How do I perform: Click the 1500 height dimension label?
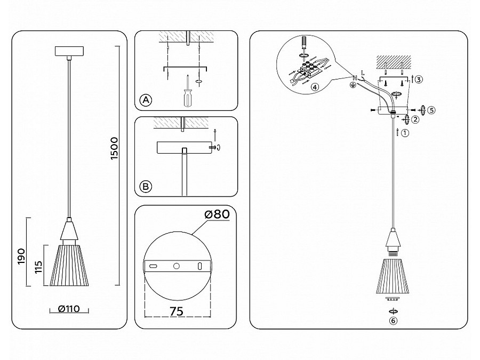point(114,148)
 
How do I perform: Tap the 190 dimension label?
point(21,257)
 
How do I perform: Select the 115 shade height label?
point(38,267)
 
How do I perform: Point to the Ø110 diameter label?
point(69,309)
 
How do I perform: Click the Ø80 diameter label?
point(217,214)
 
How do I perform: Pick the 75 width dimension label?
point(177,311)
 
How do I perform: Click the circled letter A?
point(146,100)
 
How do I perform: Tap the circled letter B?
point(146,187)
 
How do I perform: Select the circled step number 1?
point(405,133)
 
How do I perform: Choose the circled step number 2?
point(415,119)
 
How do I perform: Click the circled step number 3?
point(419,79)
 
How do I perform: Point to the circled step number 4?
point(315,87)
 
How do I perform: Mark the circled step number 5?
point(431,110)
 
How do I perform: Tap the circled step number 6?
point(393,321)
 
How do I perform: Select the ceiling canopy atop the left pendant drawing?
point(69,51)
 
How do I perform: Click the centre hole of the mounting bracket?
point(177,266)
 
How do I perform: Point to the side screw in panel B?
point(212,147)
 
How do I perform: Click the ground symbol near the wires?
point(353,85)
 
